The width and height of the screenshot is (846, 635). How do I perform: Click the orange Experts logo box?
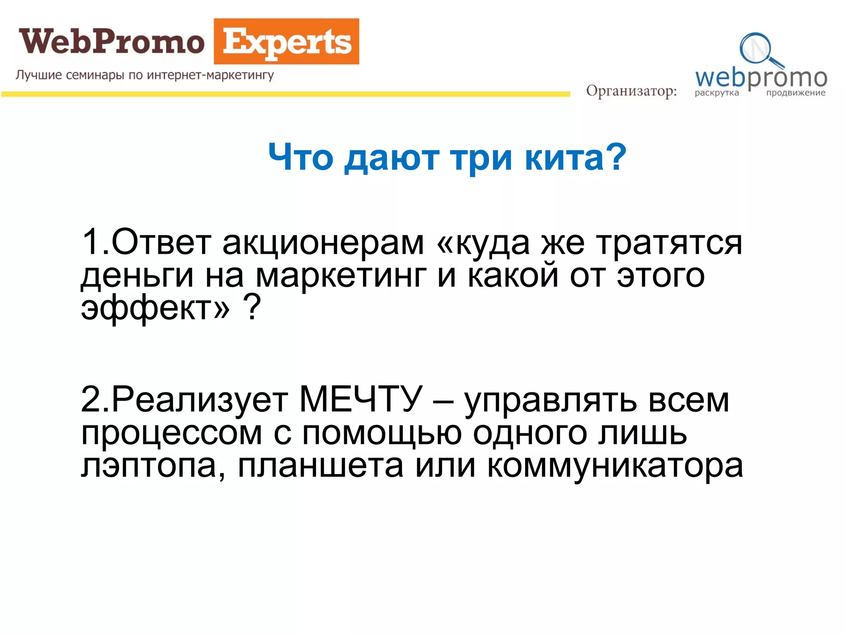pos(286,42)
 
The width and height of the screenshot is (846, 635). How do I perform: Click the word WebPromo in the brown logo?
pos(112,42)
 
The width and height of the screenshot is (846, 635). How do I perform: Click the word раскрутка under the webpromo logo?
pos(717,93)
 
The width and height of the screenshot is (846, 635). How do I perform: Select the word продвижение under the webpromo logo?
pos(796,93)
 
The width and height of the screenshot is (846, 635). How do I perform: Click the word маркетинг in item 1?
pos(341,276)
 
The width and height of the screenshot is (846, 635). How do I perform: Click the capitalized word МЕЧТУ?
pos(361,400)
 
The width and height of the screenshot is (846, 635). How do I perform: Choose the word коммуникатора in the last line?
pos(615,466)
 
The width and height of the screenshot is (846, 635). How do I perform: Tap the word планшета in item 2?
pos(321,466)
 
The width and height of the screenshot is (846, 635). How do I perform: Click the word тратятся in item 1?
pos(669,243)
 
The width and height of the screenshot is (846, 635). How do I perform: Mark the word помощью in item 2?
pos(382,433)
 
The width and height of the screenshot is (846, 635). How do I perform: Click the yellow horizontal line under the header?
pos(285,95)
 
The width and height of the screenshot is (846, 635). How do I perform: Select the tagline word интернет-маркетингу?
pos(210,75)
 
